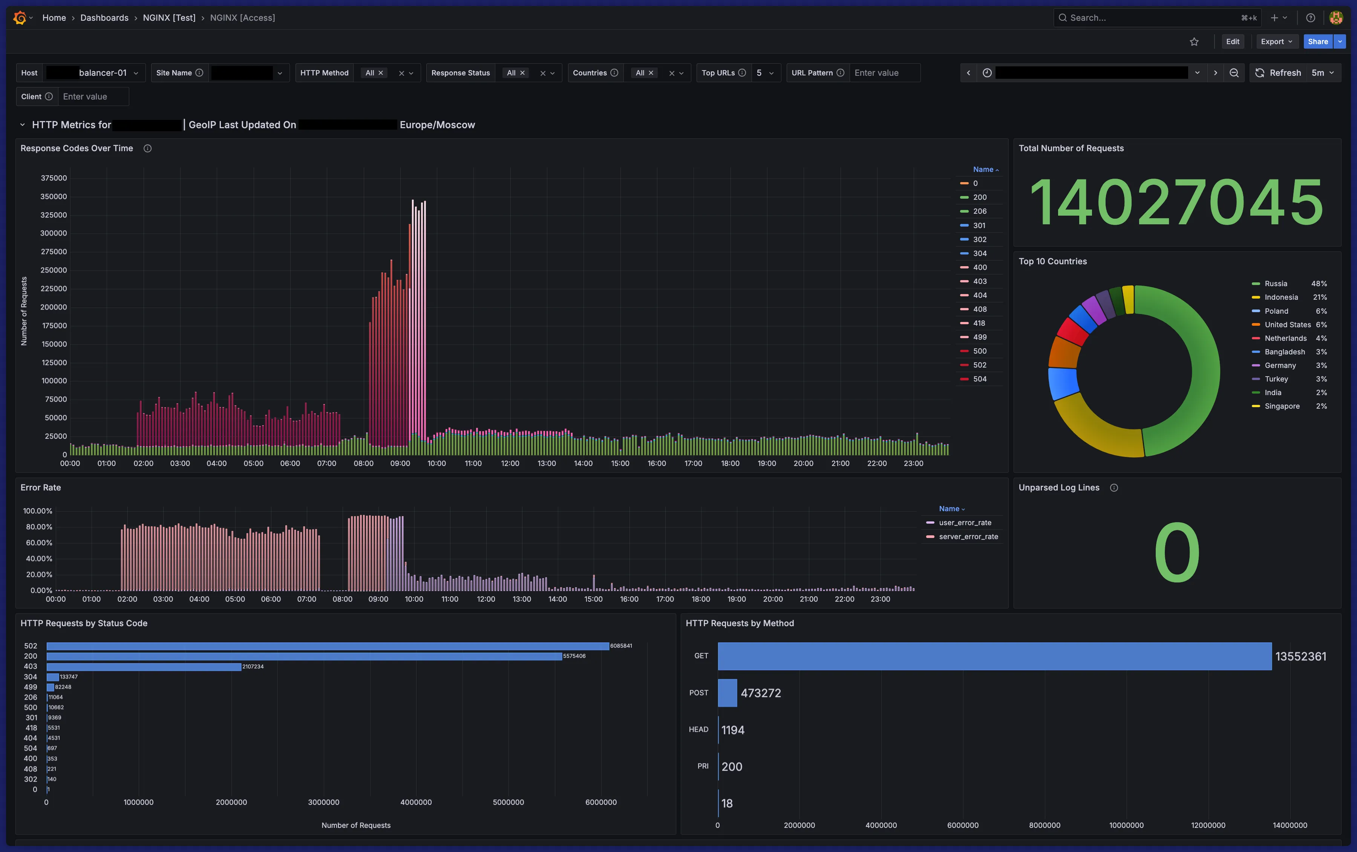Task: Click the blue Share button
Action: click(x=1317, y=42)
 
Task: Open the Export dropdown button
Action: click(x=1276, y=42)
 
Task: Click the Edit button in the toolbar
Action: click(x=1233, y=42)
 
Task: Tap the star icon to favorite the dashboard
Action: click(x=1194, y=42)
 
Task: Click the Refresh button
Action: click(x=1278, y=73)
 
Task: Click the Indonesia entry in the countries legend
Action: click(x=1281, y=297)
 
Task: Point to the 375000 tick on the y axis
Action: click(x=54, y=178)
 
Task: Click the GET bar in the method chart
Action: click(x=994, y=656)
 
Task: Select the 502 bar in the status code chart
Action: click(x=327, y=646)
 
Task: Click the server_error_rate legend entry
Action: click(x=968, y=537)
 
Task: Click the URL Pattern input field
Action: click(x=884, y=73)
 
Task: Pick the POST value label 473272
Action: click(x=760, y=693)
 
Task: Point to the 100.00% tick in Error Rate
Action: click(x=38, y=511)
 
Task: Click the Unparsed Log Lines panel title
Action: click(x=1058, y=488)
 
